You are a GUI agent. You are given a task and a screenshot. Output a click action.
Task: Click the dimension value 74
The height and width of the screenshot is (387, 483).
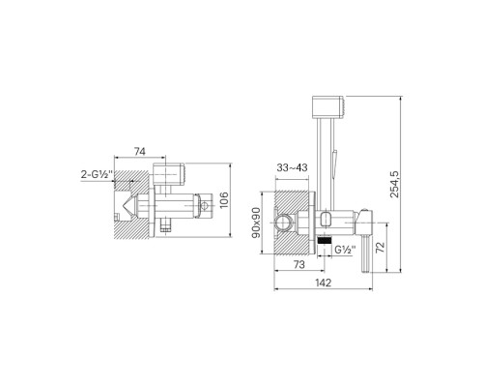coord(140,151)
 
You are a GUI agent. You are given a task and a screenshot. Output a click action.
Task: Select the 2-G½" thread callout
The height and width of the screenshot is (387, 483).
coord(97,174)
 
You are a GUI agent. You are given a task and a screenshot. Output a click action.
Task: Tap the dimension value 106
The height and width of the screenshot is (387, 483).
coord(223,200)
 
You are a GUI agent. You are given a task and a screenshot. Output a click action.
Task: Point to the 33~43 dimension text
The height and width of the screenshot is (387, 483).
coord(292,167)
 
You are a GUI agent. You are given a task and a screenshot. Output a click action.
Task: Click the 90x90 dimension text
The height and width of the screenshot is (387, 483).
coord(256,223)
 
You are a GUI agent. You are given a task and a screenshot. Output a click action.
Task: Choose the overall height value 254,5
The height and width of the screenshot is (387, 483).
coord(394,184)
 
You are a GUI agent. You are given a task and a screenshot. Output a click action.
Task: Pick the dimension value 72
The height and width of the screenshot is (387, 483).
coord(381,248)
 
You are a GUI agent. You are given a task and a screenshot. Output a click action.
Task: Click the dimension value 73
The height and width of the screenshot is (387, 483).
coord(299,264)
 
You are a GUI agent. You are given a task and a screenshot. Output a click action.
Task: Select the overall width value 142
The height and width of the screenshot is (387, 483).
coord(323,283)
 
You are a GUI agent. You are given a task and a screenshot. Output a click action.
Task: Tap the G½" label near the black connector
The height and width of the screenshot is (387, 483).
coord(345,250)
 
